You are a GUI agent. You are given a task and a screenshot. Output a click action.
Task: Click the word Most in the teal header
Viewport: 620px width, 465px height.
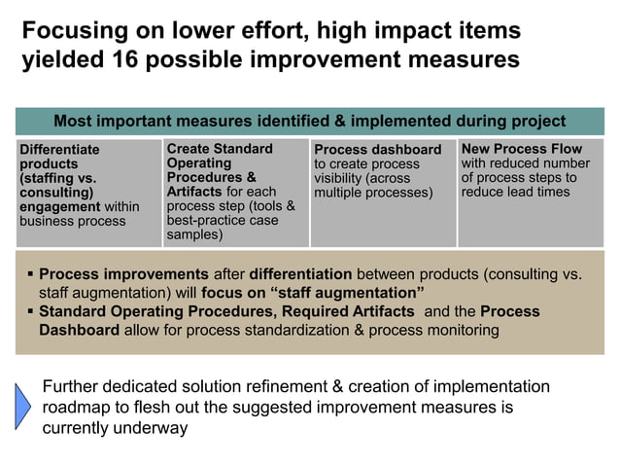pos(72,122)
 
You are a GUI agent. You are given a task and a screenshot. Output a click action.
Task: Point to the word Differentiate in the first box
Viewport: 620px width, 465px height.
pos(59,150)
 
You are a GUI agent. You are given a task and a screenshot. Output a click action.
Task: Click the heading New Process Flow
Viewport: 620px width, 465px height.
pos(522,149)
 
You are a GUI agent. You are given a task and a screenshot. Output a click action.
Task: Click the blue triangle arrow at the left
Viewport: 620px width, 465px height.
pos(22,405)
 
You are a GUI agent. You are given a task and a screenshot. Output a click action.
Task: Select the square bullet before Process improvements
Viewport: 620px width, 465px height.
pos(30,274)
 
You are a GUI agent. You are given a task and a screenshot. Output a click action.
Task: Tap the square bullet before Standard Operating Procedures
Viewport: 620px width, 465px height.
pos(30,311)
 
